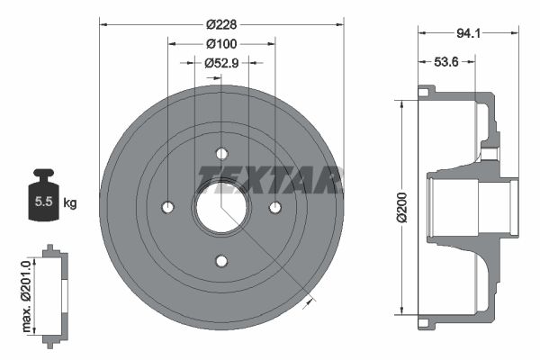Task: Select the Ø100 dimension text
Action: coord(220,44)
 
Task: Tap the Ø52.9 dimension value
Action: coord(220,63)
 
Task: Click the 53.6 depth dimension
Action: coord(447,62)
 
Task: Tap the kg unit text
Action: coord(70,203)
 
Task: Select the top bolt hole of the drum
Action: coord(221,153)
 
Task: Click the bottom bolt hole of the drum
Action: coord(221,262)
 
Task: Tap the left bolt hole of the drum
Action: coord(167,208)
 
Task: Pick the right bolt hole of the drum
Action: coord(275,208)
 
